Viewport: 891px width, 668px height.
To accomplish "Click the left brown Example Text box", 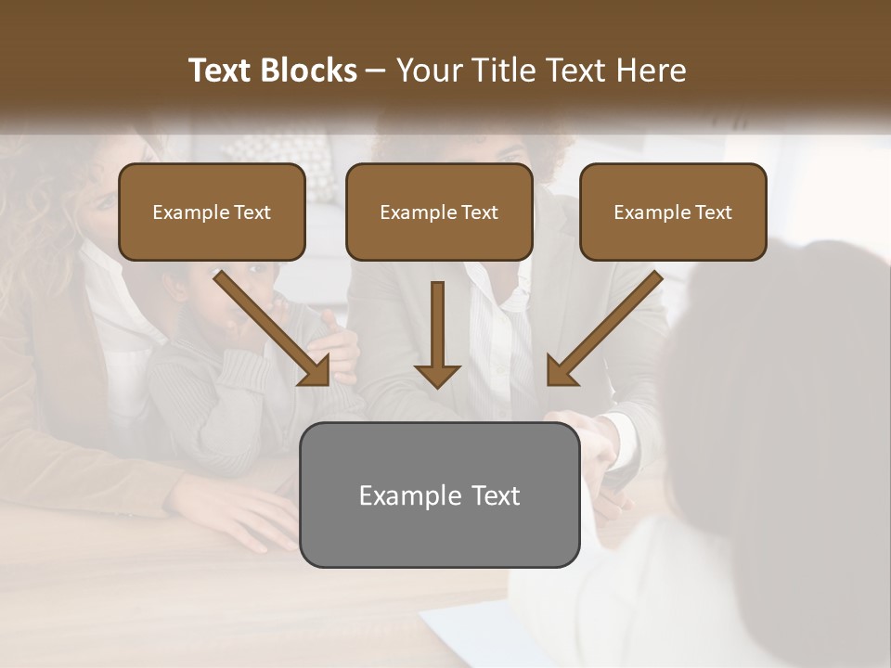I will point(212,212).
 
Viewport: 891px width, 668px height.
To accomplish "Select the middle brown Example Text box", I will point(439,212).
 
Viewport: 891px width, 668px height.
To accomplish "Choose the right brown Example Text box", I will point(673,212).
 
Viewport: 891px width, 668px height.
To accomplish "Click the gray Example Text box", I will point(439,495).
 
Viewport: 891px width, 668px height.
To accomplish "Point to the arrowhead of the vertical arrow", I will point(437,375).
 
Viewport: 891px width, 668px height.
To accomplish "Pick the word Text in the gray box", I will point(496,495).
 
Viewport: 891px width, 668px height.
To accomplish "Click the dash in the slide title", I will point(376,71).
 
